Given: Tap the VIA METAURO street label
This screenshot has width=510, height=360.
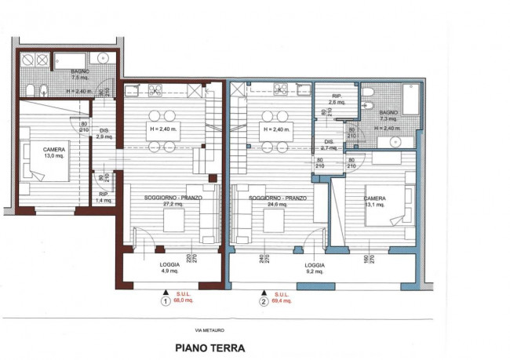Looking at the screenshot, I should [x=209, y=329].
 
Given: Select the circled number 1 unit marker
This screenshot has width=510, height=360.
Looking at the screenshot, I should [x=165, y=300].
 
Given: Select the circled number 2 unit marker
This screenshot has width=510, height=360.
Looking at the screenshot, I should [x=263, y=300].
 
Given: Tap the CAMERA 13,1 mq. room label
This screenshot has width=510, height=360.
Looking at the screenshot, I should [x=375, y=202].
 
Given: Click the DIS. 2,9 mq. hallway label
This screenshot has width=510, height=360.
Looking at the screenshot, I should [x=102, y=133].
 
